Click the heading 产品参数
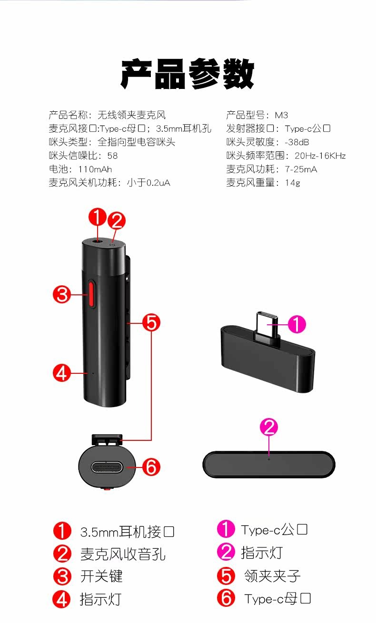[x=188, y=74]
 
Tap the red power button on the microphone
[x=91, y=294]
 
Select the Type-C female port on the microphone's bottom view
[x=107, y=467]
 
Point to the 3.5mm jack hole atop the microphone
[x=98, y=241]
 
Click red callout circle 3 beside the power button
[x=62, y=294]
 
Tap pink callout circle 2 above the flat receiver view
[x=269, y=427]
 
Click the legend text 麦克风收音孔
[x=123, y=554]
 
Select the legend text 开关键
[x=101, y=576]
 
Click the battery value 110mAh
[x=95, y=169]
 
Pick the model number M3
[x=281, y=115]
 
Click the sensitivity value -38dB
[x=297, y=142]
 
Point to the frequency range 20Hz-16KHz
[x=320, y=156]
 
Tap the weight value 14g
[x=293, y=183]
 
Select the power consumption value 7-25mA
[x=301, y=169]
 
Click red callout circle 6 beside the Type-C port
[x=151, y=467]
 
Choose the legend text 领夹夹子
[x=272, y=576]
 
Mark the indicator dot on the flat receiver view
[x=268, y=459]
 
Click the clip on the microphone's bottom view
[x=107, y=439]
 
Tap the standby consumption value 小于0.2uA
[x=148, y=183]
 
